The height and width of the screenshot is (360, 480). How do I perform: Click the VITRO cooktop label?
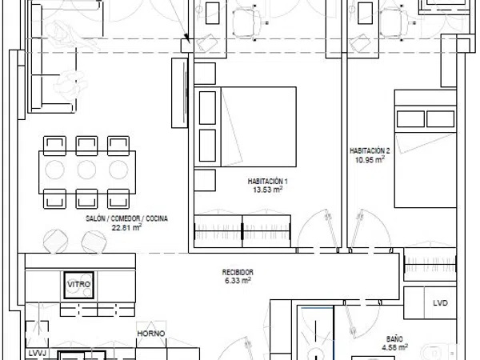(x=78, y=284)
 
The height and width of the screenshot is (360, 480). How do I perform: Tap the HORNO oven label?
(x=151, y=334)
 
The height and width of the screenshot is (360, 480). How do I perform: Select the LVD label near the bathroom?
(x=440, y=302)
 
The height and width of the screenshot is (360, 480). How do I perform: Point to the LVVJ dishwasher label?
(x=37, y=354)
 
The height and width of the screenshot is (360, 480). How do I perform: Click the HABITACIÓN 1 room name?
(x=267, y=182)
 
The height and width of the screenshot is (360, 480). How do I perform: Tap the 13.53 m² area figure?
(x=267, y=189)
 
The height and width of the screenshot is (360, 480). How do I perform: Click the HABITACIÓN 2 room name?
(x=370, y=151)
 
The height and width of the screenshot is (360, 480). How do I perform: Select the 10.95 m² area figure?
(x=370, y=159)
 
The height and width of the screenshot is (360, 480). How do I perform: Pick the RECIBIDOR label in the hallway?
(x=238, y=272)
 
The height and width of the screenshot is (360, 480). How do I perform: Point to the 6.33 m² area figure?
(x=238, y=280)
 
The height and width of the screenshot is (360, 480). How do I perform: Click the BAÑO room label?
(x=394, y=339)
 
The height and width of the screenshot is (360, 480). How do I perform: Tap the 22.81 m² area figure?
(x=126, y=227)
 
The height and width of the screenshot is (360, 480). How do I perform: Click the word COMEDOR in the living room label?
(x=126, y=218)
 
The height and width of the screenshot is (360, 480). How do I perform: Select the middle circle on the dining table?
(x=86, y=170)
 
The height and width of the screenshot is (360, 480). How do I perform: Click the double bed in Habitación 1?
(x=246, y=127)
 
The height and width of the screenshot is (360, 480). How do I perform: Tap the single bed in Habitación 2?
(x=426, y=149)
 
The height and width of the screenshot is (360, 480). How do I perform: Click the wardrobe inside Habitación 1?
(x=242, y=231)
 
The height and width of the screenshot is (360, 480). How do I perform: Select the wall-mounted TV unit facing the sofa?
(x=180, y=93)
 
